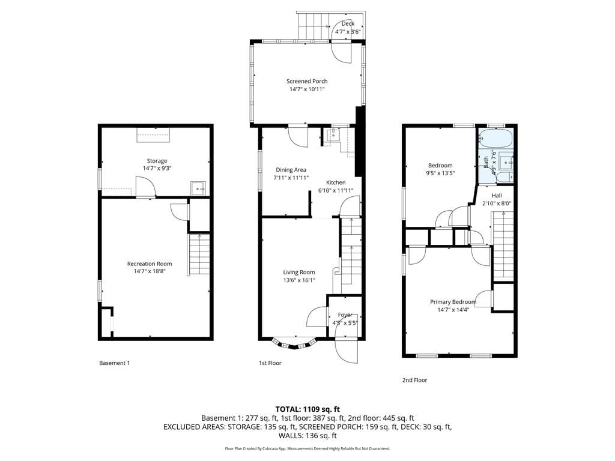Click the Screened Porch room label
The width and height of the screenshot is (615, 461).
click(307, 81)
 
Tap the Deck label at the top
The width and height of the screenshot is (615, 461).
click(348, 23)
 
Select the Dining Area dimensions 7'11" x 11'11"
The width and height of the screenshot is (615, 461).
click(291, 178)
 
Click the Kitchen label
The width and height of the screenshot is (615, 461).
click(336, 182)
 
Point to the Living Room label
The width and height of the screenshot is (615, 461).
click(299, 272)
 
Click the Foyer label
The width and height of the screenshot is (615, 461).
click(345, 315)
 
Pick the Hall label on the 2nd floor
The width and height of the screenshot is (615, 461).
click(497, 195)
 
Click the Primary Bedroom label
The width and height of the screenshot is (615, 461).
click(453, 302)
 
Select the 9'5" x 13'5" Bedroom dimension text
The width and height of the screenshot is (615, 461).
click(440, 173)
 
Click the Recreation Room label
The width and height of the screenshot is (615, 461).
click(150, 264)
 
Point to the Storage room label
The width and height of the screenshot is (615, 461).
click(157, 160)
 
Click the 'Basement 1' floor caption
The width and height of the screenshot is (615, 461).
click(114, 363)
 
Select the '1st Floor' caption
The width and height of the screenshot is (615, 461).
click(270, 363)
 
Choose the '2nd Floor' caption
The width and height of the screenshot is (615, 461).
click(414, 380)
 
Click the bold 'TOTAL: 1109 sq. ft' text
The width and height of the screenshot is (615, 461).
click(307, 409)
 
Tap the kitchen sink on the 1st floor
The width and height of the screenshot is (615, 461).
click(332, 135)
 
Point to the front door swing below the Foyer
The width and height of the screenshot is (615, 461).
click(347, 349)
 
